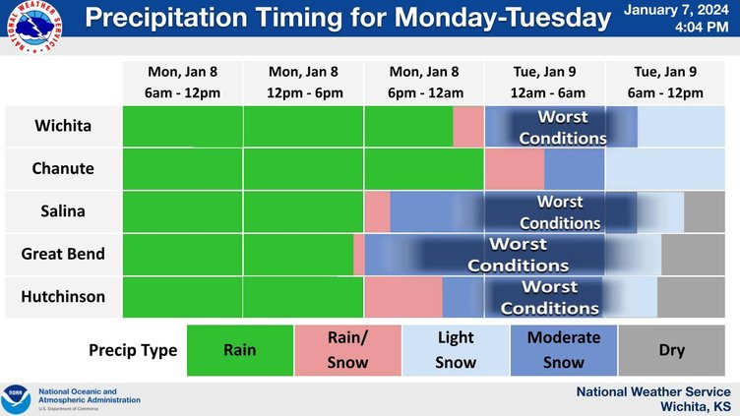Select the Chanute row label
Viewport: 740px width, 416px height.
[64, 169]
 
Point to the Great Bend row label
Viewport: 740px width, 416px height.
[63, 254]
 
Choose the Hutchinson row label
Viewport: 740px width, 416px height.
[63, 296]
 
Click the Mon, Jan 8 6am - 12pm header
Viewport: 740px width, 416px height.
[182, 83]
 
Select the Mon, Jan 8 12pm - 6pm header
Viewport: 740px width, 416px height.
[303, 83]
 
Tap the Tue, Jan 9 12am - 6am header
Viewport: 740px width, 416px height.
[544, 83]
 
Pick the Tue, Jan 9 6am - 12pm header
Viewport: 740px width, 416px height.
[665, 83]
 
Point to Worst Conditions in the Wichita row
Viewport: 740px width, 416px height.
[562, 128]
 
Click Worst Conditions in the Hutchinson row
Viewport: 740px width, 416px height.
[549, 297]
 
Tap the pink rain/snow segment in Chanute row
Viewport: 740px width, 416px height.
[514, 169]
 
